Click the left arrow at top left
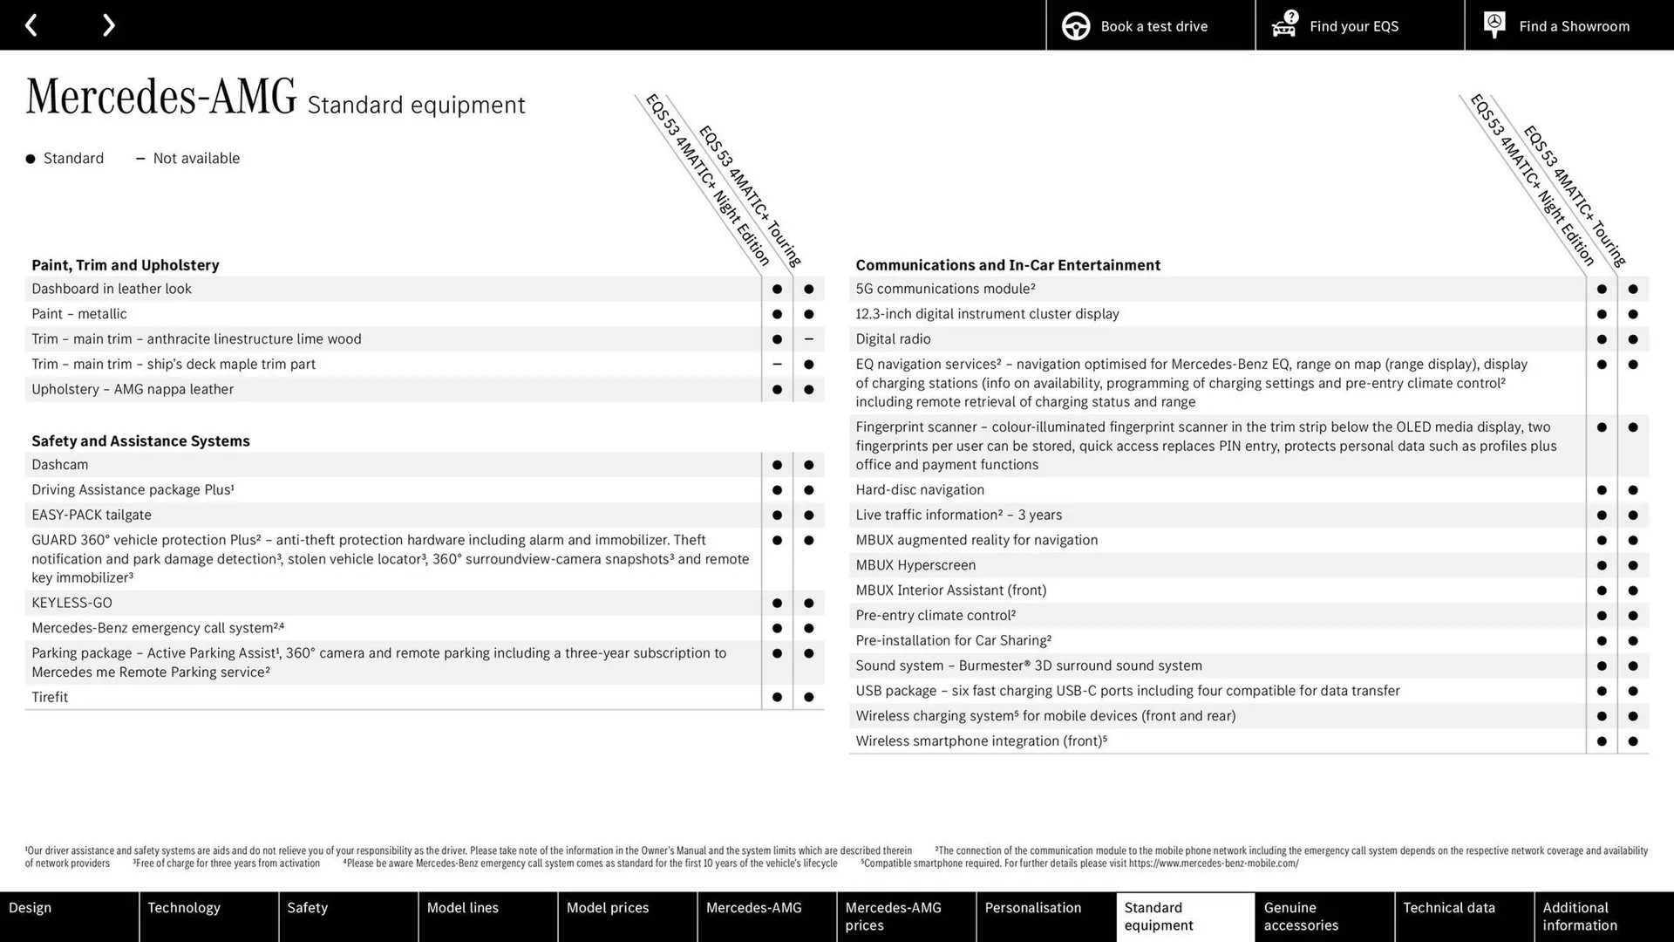click(x=31, y=25)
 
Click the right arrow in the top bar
click(x=108, y=25)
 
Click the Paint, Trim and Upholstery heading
click(x=125, y=265)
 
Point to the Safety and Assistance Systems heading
click(x=140, y=441)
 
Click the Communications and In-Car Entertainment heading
click(x=1007, y=265)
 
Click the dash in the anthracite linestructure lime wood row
click(x=808, y=339)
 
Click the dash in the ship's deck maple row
click(x=777, y=365)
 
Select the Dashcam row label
click(x=59, y=465)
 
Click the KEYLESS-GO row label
click(x=71, y=603)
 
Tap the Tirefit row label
click(x=50, y=697)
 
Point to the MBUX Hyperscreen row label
click(x=915, y=565)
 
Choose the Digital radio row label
click(x=893, y=339)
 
